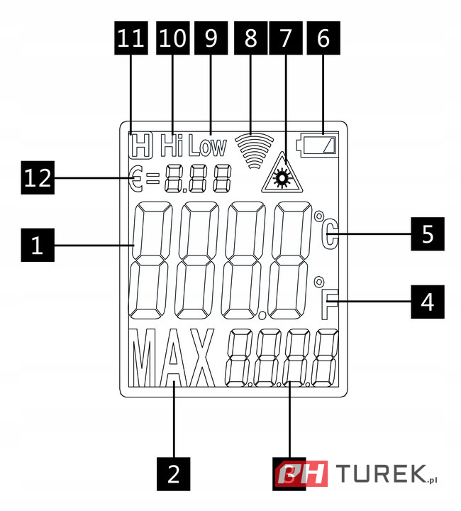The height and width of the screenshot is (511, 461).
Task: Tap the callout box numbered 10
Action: click(172, 40)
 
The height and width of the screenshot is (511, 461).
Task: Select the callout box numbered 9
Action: click(211, 40)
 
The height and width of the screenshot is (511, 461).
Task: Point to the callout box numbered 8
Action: click(250, 40)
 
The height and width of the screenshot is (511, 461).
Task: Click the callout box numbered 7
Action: click(286, 40)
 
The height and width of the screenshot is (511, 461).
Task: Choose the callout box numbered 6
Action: click(323, 40)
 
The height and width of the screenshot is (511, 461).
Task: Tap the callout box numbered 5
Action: click(427, 234)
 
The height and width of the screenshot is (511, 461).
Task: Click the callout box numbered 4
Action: click(427, 303)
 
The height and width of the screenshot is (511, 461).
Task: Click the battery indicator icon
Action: click(320, 145)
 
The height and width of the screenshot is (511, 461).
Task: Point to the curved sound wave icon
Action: click(255, 149)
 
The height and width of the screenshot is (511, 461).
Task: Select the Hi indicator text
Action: click(172, 145)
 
